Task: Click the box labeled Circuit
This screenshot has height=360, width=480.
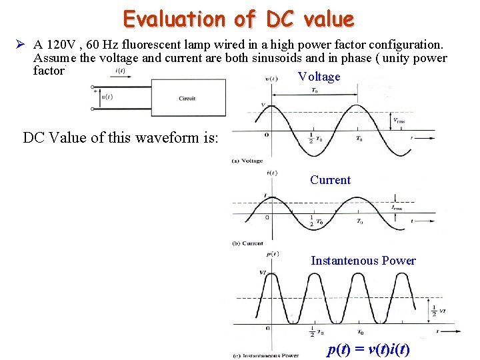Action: [x=188, y=98]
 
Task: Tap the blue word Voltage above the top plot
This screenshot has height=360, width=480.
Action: [x=319, y=77]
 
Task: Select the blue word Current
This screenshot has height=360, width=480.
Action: [x=330, y=180]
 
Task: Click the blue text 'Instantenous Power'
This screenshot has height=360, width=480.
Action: [x=363, y=261]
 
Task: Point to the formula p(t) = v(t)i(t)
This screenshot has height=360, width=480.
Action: [x=368, y=350]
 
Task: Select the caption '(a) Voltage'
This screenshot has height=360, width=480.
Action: [x=247, y=161]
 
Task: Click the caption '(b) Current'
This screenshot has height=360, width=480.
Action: [x=247, y=243]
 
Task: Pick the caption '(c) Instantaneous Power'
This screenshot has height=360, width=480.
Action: [x=266, y=355]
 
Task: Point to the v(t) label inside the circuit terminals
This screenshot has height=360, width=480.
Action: [x=107, y=97]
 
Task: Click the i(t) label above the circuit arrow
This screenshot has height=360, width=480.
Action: [x=121, y=71]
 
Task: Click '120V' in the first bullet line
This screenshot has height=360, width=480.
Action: [x=61, y=45]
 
